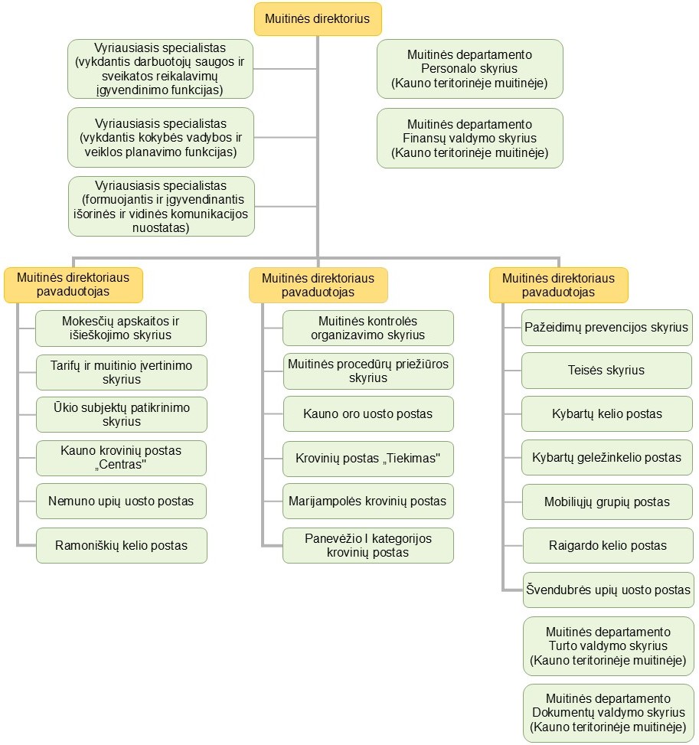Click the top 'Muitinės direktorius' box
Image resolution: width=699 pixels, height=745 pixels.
pyautogui.click(x=318, y=19)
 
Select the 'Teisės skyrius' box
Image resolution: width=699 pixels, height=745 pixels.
pyautogui.click(x=606, y=370)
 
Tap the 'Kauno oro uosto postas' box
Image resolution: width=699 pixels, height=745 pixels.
pyautogui.click(x=368, y=413)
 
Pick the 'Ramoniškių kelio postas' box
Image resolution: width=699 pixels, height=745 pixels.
pyautogui.click(x=121, y=545)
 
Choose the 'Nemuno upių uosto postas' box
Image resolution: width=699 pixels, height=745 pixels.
pyautogui.click(x=121, y=502)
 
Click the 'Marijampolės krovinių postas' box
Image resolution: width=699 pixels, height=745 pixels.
pyautogui.click(x=367, y=502)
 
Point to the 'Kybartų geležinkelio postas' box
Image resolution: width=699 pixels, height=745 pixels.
pyautogui.click(x=607, y=458)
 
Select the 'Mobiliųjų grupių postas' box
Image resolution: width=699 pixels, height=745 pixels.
pyautogui.click(x=607, y=502)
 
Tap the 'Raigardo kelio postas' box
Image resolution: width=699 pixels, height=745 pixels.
pyautogui.click(x=608, y=545)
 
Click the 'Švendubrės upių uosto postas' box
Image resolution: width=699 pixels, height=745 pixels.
pyautogui.click(x=608, y=590)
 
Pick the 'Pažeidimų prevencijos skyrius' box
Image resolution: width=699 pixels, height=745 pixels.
pyautogui.click(x=606, y=328)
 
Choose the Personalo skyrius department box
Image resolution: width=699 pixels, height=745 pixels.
pyautogui.click(x=470, y=69)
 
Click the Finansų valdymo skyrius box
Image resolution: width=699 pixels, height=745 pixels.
pyautogui.click(x=470, y=139)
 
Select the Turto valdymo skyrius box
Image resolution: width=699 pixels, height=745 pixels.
pyautogui.click(x=608, y=646)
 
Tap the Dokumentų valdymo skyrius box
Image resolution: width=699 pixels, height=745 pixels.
pyautogui.click(x=608, y=713)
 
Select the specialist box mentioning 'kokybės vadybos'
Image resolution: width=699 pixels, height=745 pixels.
pyautogui.click(x=161, y=137)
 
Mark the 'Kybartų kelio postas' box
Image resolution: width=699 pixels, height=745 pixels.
pyautogui.click(x=607, y=413)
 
